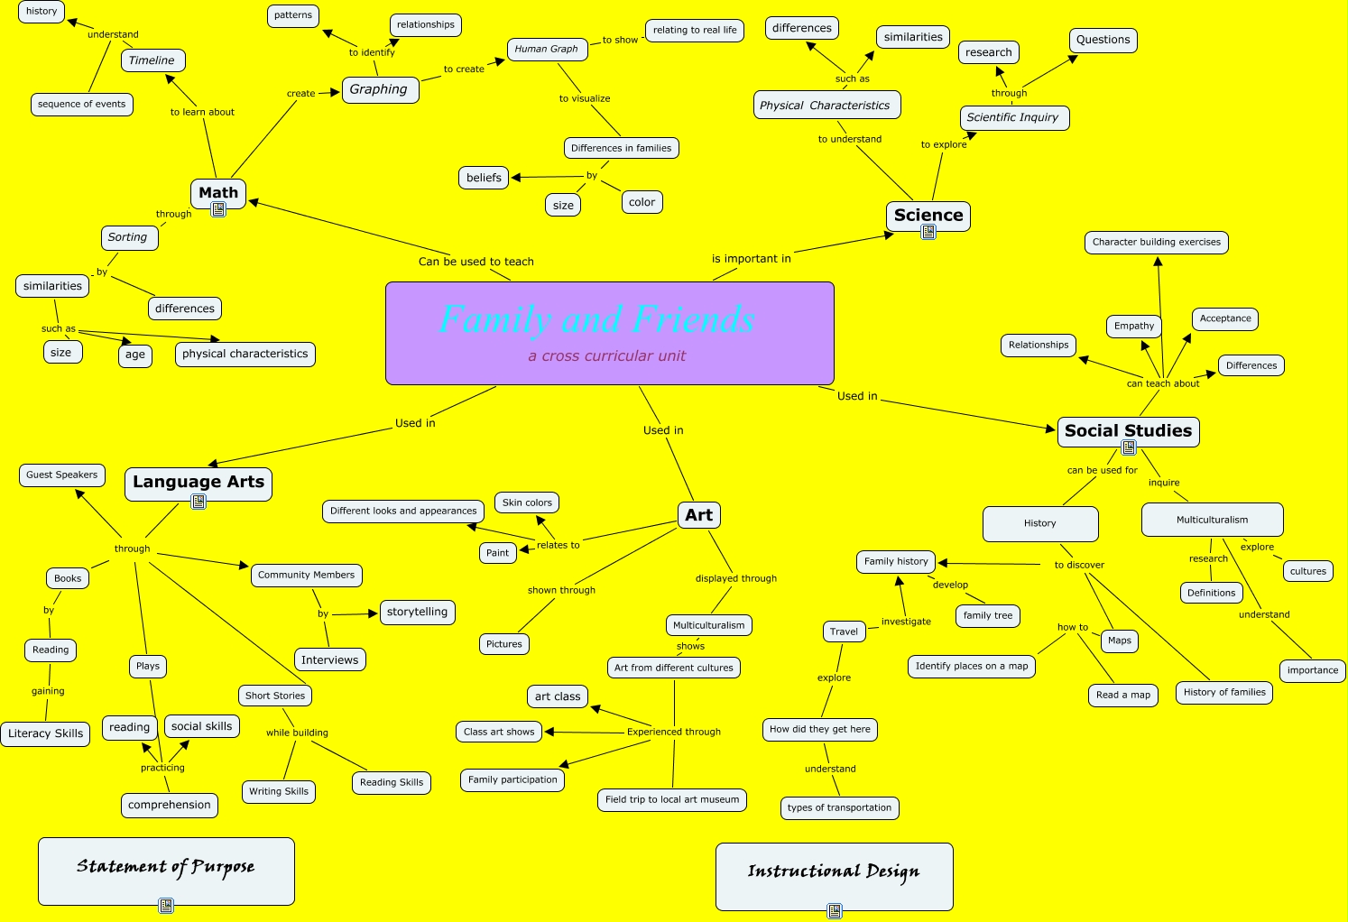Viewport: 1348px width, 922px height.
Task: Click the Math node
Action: [x=218, y=192]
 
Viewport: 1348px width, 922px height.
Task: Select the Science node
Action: [x=928, y=215]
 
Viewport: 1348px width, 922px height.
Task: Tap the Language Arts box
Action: [x=199, y=482]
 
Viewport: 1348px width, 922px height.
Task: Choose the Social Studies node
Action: [x=1128, y=430]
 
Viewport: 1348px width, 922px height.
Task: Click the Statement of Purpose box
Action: [x=166, y=868]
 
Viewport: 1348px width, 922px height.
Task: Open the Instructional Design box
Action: [x=834, y=872]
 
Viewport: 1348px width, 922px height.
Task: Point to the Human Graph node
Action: [x=546, y=49]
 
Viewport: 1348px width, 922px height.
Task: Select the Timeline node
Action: [x=152, y=60]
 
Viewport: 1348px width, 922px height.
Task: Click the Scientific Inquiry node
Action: [x=1013, y=117]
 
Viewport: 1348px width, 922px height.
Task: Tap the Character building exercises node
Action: [x=1156, y=242]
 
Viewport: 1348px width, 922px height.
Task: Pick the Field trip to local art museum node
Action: [x=671, y=799]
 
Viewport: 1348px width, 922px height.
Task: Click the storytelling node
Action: [x=417, y=612]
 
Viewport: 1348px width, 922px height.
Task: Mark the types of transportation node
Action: [x=839, y=807]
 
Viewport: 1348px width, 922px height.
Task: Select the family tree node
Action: [x=988, y=615]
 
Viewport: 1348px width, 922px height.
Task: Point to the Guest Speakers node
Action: [x=61, y=475]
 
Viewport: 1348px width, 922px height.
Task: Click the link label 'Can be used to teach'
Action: [x=475, y=262]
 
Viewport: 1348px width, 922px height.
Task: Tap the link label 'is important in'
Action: [x=751, y=259]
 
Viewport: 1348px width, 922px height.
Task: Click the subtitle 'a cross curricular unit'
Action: [x=607, y=356]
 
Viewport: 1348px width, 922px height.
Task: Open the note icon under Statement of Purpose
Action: [x=166, y=906]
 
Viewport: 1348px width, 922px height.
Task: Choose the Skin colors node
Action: [x=527, y=502]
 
